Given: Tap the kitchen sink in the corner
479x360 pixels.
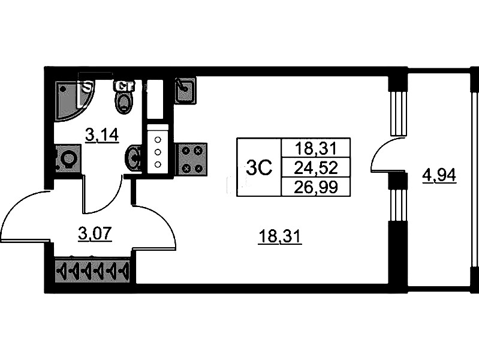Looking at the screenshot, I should click(184, 90).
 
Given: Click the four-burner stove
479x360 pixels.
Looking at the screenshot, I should click(191, 159).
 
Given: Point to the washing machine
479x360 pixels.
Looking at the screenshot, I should click(67, 160).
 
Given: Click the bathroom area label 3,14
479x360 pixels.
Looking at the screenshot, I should click(102, 136).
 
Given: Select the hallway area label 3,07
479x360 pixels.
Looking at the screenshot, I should click(95, 233).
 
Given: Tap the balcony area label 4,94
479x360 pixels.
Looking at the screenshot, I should click(439, 176).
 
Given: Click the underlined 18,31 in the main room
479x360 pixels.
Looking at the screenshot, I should click(279, 238).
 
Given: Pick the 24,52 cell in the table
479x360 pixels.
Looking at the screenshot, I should click(315, 167).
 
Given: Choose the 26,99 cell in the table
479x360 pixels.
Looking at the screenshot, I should click(315, 187).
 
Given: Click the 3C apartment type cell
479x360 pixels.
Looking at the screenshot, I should click(259, 167).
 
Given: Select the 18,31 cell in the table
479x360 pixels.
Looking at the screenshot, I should click(315, 148).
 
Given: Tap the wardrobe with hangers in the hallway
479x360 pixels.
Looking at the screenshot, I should click(92, 272).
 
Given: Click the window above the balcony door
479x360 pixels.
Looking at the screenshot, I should click(396, 113).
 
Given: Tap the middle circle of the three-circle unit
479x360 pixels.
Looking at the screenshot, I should click(158, 152).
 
